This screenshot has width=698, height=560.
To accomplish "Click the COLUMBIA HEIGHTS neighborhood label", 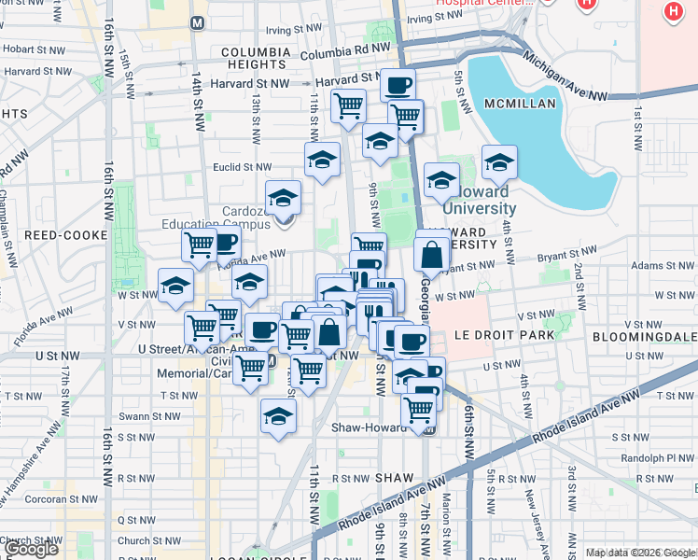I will (x=253, y=56).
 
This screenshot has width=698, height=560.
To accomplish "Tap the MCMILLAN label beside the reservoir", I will (x=520, y=104).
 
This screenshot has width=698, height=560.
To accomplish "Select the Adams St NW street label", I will (x=657, y=265).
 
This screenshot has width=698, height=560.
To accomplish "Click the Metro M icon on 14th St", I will (x=197, y=21).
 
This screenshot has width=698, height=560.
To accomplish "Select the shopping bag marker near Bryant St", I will (x=432, y=254).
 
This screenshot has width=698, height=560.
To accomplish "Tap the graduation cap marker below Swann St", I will (x=277, y=417).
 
